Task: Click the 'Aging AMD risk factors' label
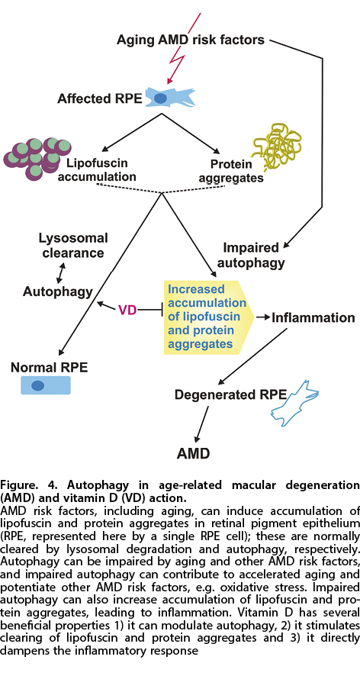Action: pos(191,40)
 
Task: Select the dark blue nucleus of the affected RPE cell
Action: pos(160,98)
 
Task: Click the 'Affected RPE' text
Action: pos(100,98)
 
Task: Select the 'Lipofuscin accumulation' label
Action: pos(101,169)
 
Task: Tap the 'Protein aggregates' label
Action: pos(236,171)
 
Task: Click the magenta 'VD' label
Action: pos(127,309)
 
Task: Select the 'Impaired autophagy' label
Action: pos(250,254)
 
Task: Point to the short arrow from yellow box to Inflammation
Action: pos(262,317)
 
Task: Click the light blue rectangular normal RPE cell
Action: pos(46,385)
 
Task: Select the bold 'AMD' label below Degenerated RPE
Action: pos(194,453)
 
